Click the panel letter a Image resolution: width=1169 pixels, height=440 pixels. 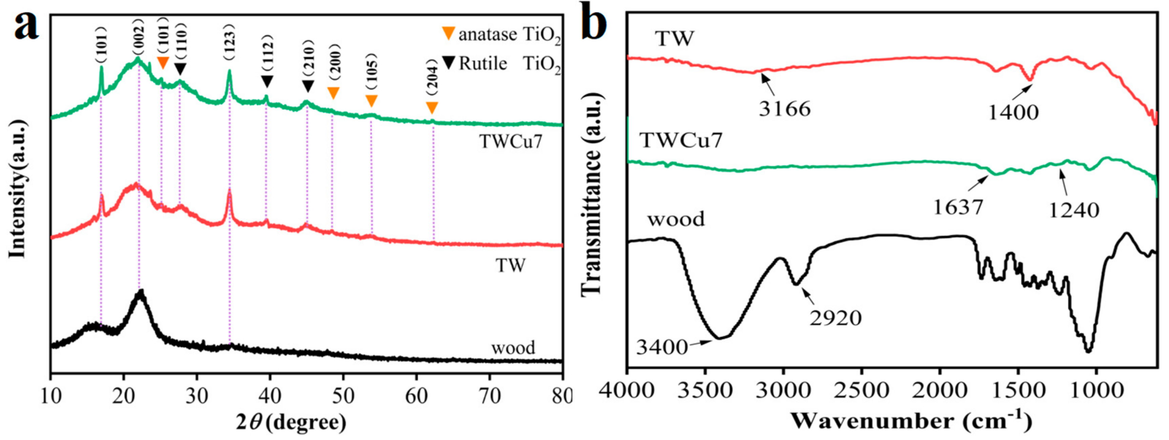click(x=26, y=25)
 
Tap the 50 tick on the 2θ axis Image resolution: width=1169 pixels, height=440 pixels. click(x=343, y=396)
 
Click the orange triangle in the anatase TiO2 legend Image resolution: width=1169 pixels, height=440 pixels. click(x=448, y=33)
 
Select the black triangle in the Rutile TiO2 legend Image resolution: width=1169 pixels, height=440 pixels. click(x=448, y=63)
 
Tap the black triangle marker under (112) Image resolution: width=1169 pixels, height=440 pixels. click(x=267, y=81)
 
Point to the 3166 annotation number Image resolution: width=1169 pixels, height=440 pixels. click(x=785, y=109)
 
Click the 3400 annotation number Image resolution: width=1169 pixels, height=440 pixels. click(x=662, y=348)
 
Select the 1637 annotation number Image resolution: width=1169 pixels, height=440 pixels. click(x=958, y=207)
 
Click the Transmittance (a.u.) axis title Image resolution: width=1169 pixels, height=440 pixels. click(x=591, y=195)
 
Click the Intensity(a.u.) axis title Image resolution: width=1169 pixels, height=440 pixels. click(x=17, y=188)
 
